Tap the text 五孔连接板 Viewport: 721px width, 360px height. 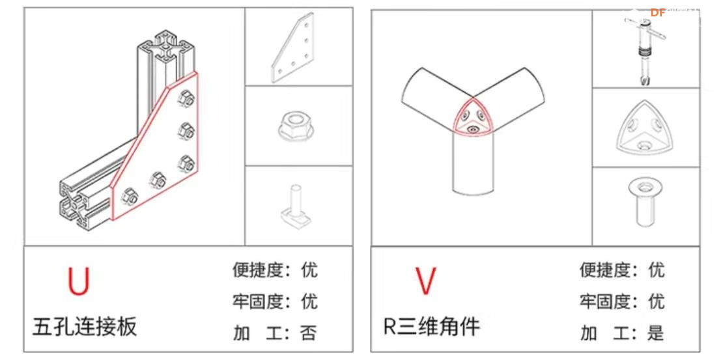85,325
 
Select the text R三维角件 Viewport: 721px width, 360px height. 431,325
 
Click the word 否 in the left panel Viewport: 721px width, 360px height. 308,333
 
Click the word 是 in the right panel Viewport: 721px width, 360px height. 655,333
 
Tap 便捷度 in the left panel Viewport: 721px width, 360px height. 258,270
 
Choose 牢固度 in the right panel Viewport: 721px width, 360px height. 605,301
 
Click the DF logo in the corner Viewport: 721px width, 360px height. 658,12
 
